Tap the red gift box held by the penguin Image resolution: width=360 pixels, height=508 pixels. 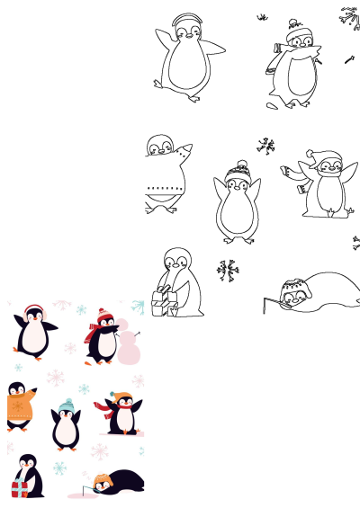click(x=19, y=488)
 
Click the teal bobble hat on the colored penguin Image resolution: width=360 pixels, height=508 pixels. click(x=65, y=406)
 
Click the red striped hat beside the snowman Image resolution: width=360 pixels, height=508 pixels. click(x=101, y=317)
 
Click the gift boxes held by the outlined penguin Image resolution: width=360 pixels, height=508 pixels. click(x=163, y=301)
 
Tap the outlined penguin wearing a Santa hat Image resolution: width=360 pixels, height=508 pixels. click(x=324, y=184)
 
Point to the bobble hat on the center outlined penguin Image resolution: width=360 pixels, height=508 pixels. click(x=238, y=169)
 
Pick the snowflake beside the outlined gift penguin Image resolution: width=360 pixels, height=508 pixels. click(x=228, y=270)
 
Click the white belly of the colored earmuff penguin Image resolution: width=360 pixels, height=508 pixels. click(x=34, y=337)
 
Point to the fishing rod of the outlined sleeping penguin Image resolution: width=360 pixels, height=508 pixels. click(x=269, y=303)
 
